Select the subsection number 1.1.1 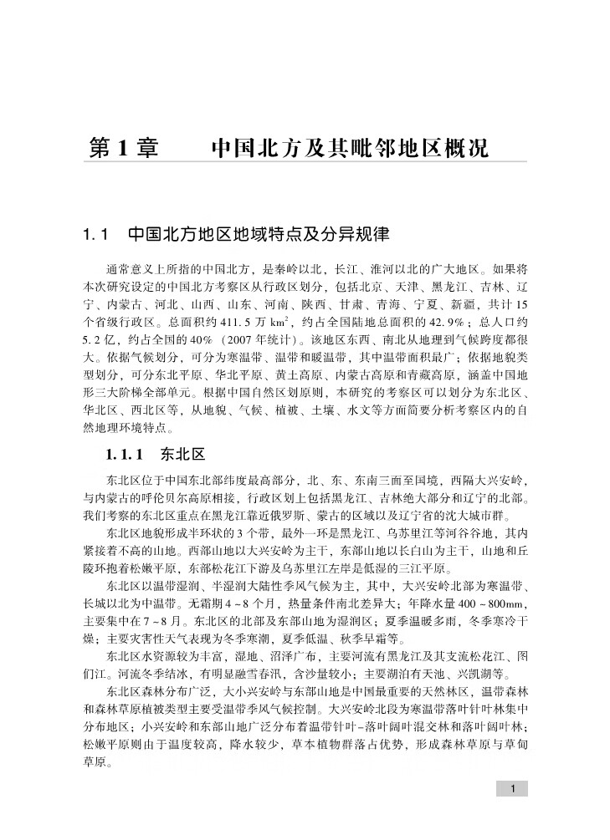[x=126, y=454]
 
